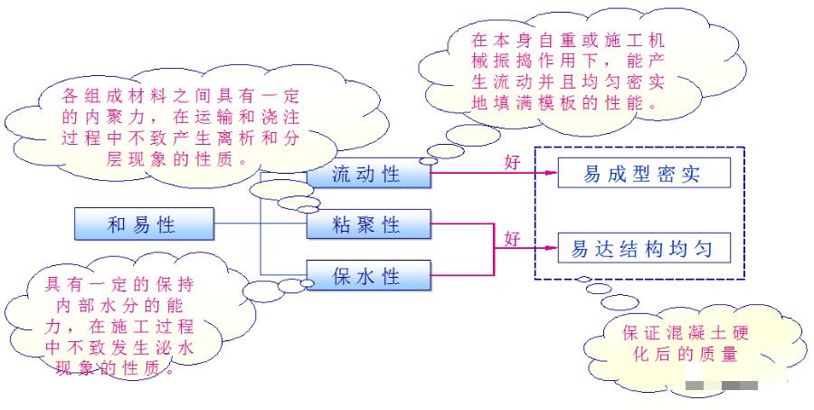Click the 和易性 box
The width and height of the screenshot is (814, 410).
pyautogui.click(x=144, y=224)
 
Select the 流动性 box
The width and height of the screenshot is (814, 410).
pyautogui.click(x=366, y=174)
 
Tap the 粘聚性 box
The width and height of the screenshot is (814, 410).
pyautogui.click(x=366, y=224)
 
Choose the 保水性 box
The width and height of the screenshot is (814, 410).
pyautogui.click(x=366, y=275)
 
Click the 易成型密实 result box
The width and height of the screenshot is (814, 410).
pyautogui.click(x=643, y=173)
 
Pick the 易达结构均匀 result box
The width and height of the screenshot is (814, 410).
pyautogui.click(x=643, y=248)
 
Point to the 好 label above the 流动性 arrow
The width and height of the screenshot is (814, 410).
pyautogui.click(x=513, y=163)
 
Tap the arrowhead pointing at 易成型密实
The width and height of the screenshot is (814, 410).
pyautogui.click(x=550, y=174)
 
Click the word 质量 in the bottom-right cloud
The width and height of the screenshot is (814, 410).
pyautogui.click(x=723, y=354)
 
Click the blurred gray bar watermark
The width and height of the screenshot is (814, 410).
pyautogui.click(x=721, y=386)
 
